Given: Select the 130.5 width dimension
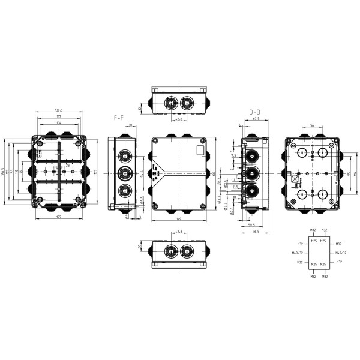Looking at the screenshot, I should (59, 110).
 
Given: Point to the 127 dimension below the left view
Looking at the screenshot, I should (59, 218).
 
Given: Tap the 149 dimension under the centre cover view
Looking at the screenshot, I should (179, 219).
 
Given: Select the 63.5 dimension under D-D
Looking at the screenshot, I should (256, 119).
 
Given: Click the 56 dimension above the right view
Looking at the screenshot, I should (313, 126).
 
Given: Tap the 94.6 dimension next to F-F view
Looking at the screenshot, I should (141, 173).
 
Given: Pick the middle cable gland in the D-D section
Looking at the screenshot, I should (253, 175).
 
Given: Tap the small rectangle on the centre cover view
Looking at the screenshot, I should (202, 147).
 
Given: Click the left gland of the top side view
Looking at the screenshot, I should (170, 102).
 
